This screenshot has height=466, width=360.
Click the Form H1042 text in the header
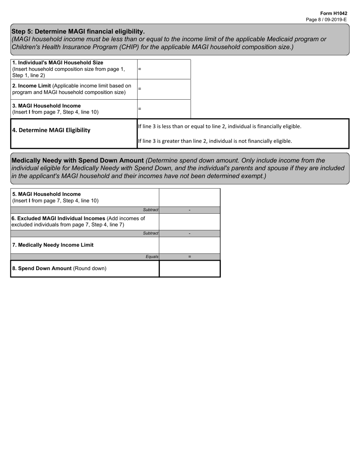[x=333, y=13]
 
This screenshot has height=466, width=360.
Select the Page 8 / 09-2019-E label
[x=326, y=19]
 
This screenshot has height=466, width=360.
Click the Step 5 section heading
[x=78, y=31]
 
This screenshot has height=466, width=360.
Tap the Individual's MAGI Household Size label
[x=58, y=63]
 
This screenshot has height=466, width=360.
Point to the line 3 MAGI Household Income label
[x=47, y=106]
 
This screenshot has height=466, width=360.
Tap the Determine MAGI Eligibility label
[x=51, y=130]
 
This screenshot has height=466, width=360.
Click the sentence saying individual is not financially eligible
[x=215, y=141]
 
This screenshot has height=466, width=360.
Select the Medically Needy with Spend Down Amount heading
[x=78, y=160]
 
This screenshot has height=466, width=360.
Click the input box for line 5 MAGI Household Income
[x=189, y=197]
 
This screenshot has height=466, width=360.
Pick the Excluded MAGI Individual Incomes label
[x=78, y=218]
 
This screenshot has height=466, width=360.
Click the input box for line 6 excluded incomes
[x=189, y=222]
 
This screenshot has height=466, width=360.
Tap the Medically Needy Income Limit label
[x=53, y=245]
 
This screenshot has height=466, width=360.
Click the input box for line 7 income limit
[x=189, y=245]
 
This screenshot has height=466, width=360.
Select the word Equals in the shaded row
[x=152, y=257]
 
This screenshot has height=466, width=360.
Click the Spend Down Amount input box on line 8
[x=189, y=269]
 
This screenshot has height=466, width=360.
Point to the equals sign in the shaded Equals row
[x=189, y=257]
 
